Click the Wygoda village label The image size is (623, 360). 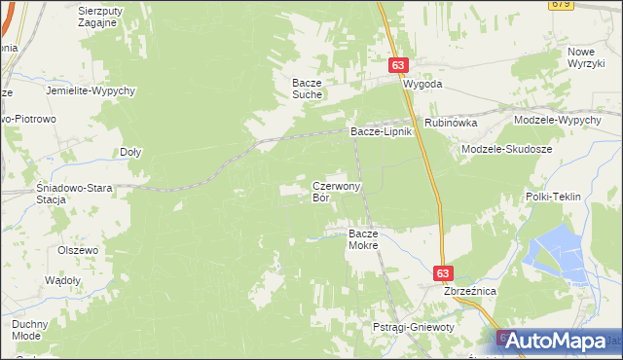(423, 85)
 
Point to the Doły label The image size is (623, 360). (130, 152)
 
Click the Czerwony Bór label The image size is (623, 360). (336, 191)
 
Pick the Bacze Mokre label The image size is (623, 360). (363, 239)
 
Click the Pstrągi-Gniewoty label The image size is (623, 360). (414, 328)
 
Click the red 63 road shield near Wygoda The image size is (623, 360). (399, 64)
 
